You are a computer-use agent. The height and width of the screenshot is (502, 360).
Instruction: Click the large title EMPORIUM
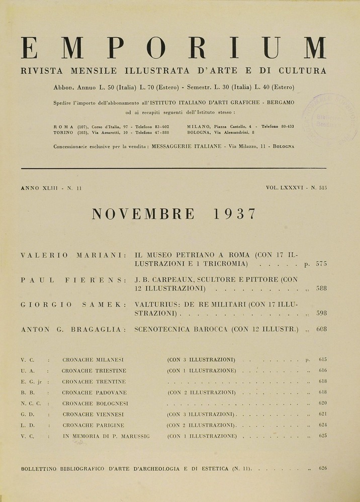point(174,49)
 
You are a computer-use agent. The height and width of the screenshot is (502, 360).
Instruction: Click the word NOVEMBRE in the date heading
point(143,214)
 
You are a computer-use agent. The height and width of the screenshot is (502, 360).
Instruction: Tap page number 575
point(321,263)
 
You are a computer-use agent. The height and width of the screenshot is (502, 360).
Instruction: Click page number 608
point(321,330)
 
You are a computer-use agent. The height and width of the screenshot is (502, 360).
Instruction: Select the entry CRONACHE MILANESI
point(93,360)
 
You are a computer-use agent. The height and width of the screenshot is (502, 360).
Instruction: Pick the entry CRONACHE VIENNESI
point(93,415)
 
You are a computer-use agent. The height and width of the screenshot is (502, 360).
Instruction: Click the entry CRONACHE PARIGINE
point(93,425)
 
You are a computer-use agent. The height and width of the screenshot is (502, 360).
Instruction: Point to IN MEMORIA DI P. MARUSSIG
point(106,436)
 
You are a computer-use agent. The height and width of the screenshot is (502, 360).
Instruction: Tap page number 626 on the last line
point(323,468)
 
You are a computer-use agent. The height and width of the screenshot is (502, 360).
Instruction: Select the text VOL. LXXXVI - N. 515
point(297,188)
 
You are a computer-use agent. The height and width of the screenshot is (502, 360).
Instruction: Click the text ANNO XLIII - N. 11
point(51,188)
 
